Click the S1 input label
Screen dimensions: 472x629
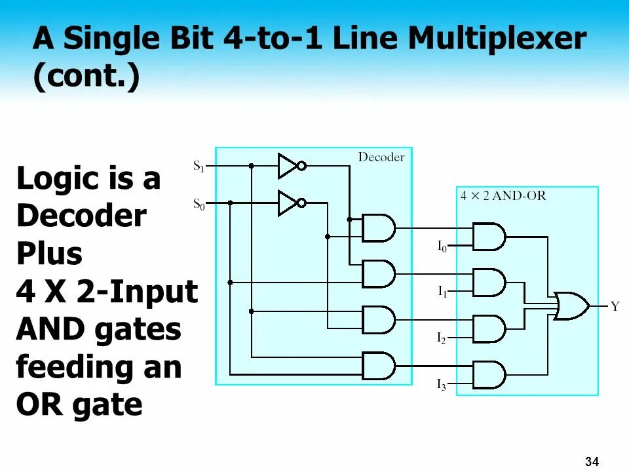pos(199,167)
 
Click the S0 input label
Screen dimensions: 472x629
pos(199,204)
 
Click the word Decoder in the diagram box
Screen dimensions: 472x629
pos(381,157)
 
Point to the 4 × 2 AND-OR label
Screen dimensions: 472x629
pos(503,195)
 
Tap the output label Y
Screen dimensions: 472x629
pos(615,306)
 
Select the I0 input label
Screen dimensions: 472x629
pos(442,247)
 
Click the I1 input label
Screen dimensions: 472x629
pos(442,292)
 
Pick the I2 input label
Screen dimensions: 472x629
pos(442,338)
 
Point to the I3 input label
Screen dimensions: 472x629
pos(442,385)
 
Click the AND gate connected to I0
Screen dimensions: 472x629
pos(489,237)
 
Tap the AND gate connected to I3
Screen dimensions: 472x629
pos(489,374)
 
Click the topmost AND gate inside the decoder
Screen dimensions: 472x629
pos(378,228)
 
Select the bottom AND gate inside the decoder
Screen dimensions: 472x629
pos(378,366)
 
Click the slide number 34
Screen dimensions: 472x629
pos(592,462)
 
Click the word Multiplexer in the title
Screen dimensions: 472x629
pos(497,40)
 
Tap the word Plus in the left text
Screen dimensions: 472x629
pos(49,253)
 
